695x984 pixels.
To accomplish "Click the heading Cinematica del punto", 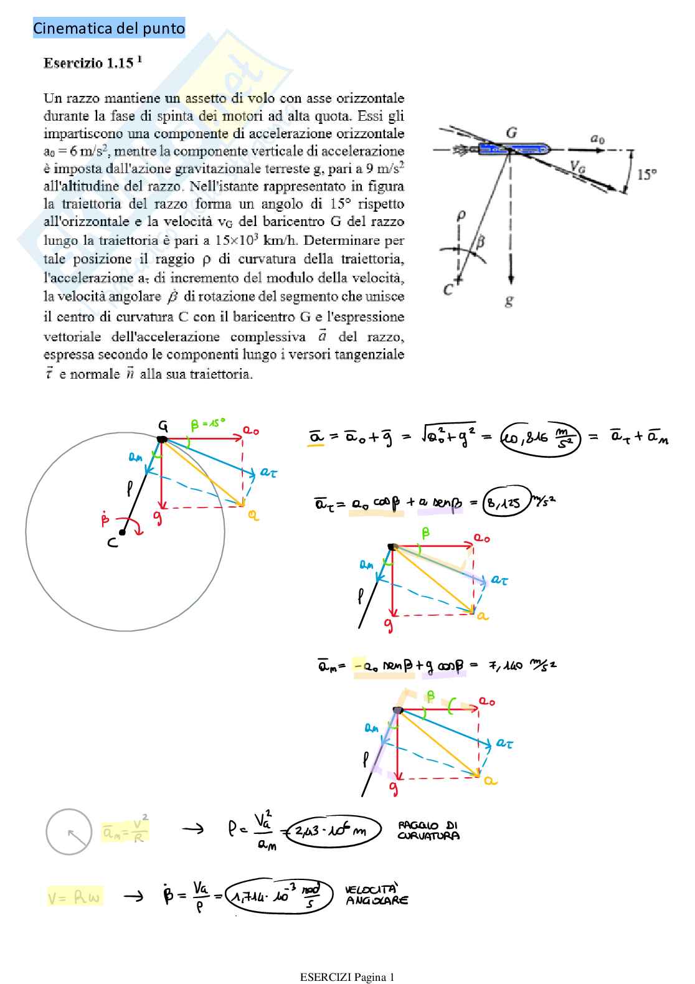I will coord(109,28).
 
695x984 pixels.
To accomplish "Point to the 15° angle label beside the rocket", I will coord(647,174).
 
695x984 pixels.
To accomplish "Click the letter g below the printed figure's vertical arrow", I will coord(509,301).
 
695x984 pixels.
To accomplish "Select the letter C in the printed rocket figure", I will coord(448,289).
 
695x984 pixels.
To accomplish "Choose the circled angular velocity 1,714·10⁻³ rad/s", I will coord(279,896).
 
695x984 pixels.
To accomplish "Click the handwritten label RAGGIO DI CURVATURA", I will coord(428,830).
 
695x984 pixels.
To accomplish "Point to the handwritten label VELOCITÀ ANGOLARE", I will coord(377,894).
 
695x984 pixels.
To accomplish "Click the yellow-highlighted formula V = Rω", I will coord(74,897).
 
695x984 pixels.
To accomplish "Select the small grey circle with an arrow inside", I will coord(69,832).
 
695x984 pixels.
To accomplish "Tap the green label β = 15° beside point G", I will coord(208,423).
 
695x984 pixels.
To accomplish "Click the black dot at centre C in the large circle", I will coord(122,532).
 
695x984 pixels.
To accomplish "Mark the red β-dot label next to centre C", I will coord(105,518).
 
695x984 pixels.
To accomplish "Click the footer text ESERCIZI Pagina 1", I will coord(347,977).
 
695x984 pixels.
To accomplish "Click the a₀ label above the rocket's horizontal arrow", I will coord(597,139).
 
